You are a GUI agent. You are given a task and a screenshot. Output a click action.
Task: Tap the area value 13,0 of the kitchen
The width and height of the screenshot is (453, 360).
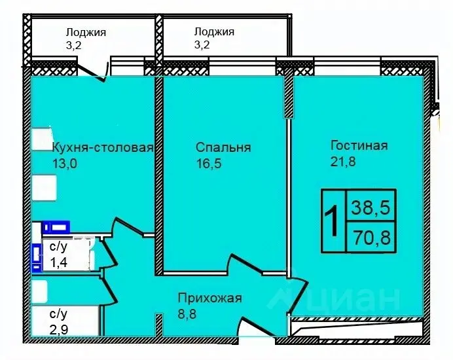point(64,164)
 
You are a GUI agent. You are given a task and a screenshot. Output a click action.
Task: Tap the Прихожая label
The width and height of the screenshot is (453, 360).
point(209,298)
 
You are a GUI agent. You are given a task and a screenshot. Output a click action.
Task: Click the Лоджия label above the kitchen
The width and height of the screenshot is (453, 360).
point(85,31)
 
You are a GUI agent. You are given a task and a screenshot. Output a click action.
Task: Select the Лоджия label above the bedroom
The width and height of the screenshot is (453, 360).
point(214,31)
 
